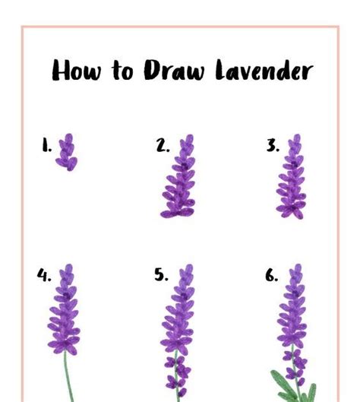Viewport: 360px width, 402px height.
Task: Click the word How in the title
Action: pyautogui.click(x=77, y=70)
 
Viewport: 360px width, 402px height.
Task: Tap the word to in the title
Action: pyautogui.click(x=122, y=70)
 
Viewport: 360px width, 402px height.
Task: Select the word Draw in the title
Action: pyautogui.click(x=174, y=70)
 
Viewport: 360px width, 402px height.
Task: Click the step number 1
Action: pyautogui.click(x=46, y=145)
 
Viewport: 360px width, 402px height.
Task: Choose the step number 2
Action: pyautogui.click(x=163, y=145)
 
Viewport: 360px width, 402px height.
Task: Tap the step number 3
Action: pyautogui.click(x=273, y=145)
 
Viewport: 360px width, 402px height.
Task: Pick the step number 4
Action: pyautogui.click(x=44, y=275)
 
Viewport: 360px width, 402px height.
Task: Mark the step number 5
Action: pyautogui.click(x=161, y=275)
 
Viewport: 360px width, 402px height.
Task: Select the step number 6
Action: pyautogui.click(x=271, y=275)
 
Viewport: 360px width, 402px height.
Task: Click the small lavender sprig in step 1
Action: pyautogui.click(x=67, y=152)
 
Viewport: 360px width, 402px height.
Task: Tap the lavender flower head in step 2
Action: pyautogui.click(x=178, y=176)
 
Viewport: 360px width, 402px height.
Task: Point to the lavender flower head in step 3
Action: pyautogui.click(x=292, y=176)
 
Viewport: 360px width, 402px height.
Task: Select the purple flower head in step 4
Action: pyautogui.click(x=64, y=309)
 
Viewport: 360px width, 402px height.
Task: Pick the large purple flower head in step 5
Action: pyautogui.click(x=178, y=309)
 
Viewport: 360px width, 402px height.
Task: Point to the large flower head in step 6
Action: pyautogui.click(x=292, y=305)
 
